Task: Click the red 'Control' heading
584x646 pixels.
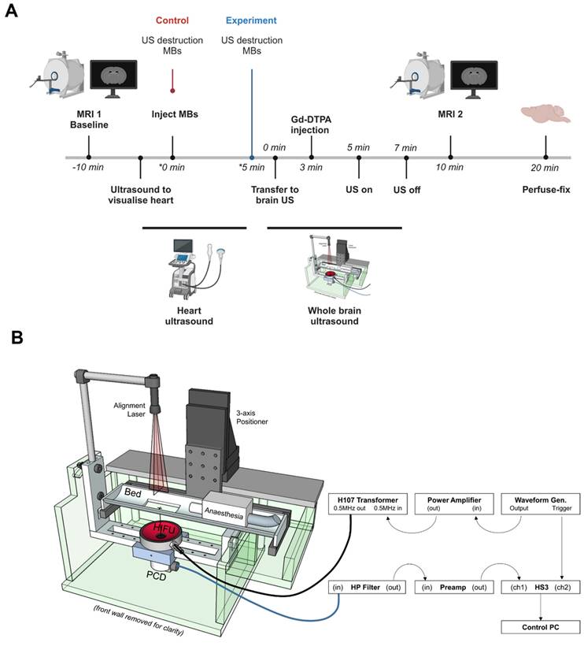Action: tap(172, 22)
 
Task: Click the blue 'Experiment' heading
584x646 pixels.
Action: tap(251, 22)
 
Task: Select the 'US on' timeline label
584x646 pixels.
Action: tap(359, 189)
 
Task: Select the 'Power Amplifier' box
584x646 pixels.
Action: tap(453, 503)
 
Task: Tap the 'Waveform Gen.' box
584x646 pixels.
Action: tap(540, 503)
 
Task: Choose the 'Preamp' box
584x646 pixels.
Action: tap(453, 588)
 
